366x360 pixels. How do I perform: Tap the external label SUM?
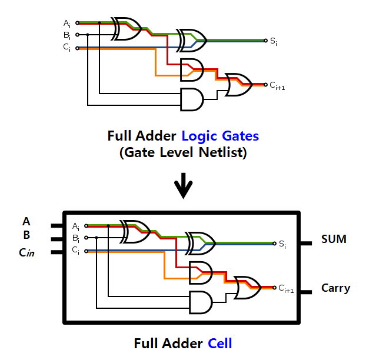(334, 239)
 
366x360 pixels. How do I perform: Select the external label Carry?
(335, 288)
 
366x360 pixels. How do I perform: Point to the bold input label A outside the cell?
(26, 222)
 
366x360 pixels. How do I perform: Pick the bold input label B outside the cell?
(26, 235)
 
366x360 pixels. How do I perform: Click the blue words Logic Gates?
(219, 136)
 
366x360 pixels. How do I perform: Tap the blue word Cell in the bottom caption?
(219, 343)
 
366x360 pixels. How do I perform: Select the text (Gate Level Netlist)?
(183, 153)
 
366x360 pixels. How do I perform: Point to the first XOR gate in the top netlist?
(125, 28)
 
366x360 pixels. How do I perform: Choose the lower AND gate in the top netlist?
(192, 99)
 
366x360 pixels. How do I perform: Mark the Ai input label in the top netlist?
(67, 24)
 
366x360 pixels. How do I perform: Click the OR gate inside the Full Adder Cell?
(247, 286)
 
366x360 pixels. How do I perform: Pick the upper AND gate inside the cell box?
(200, 271)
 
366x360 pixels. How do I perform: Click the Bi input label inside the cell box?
(76, 238)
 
